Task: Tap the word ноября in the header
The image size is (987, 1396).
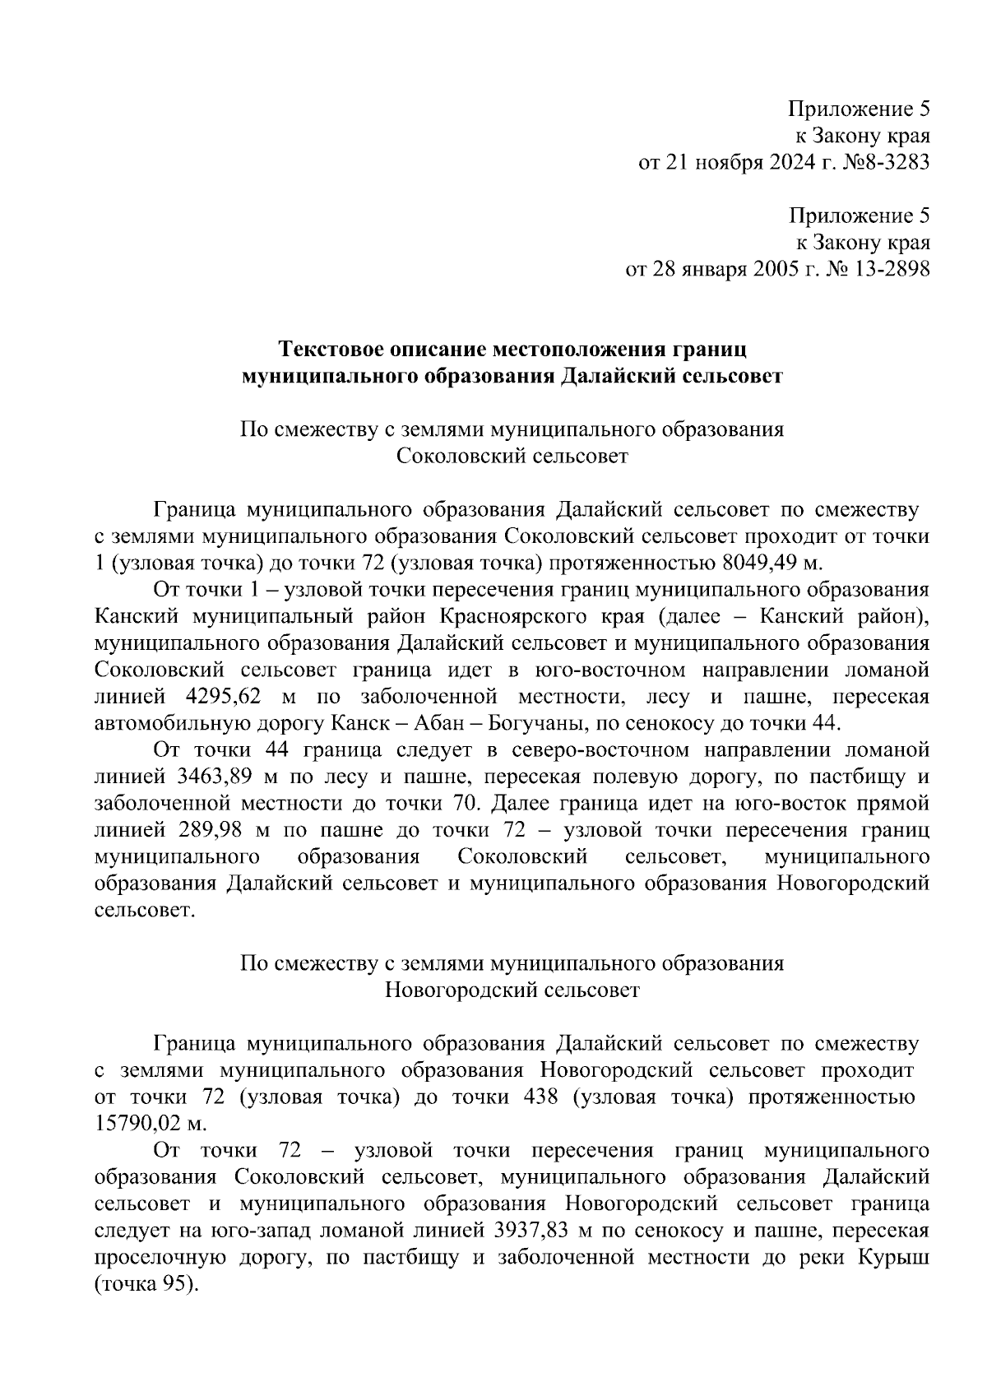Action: [x=730, y=162]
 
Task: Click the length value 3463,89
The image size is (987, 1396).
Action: [x=215, y=777]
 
